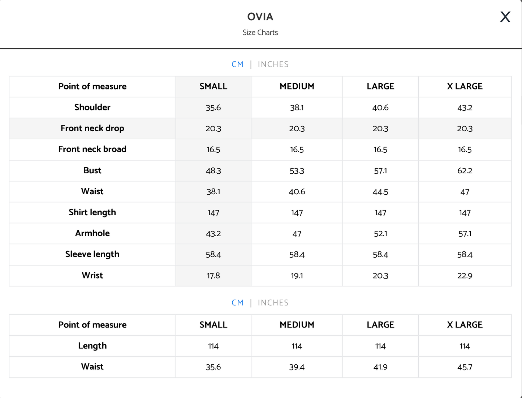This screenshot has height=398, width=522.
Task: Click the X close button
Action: coord(505,17)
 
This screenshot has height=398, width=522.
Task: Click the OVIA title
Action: coord(260,17)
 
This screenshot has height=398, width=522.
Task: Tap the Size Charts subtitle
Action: coord(260,33)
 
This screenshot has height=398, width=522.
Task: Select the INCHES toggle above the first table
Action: coord(273,64)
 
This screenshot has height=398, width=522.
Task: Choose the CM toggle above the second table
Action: coord(237,303)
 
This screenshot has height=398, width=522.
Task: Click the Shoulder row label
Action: coord(92,107)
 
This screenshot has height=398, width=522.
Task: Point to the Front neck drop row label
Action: coord(92,128)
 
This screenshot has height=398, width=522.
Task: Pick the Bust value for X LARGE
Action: coord(465,171)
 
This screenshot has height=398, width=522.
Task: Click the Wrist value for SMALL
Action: coord(213,276)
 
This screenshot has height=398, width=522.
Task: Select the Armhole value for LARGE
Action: coord(380,234)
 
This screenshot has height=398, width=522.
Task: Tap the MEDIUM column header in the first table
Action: coord(297,86)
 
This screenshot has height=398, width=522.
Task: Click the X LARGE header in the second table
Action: coord(465,325)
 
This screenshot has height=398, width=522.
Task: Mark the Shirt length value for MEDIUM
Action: coord(297,213)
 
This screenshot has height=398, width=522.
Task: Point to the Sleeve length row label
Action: coord(92,254)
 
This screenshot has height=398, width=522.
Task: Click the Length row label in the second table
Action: coord(92,346)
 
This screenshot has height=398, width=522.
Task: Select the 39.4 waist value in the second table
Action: coord(297,367)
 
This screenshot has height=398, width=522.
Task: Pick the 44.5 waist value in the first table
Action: coord(380,192)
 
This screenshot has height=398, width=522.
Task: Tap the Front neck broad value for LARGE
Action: coord(380,149)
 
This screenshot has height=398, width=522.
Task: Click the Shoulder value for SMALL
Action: coord(213,108)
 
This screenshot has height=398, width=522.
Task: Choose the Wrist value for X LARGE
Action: coord(465,276)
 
